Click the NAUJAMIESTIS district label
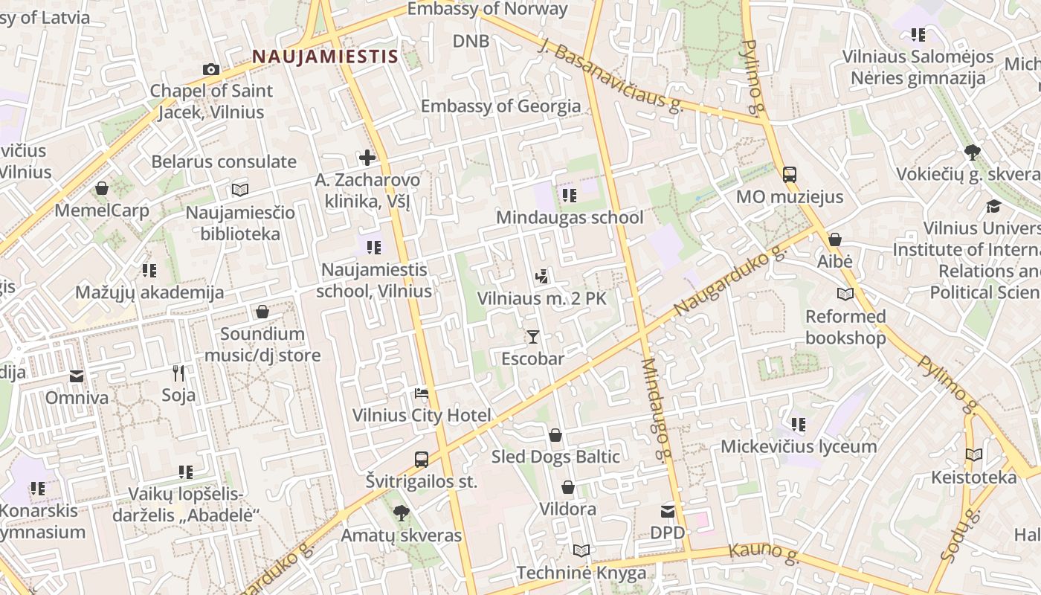click(325, 57)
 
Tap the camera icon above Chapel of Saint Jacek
click(211, 70)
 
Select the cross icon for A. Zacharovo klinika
click(367, 158)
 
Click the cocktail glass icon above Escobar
click(532, 337)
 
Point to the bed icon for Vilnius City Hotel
click(422, 393)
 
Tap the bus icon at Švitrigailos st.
click(422, 459)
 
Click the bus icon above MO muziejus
click(790, 175)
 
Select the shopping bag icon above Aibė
click(835, 239)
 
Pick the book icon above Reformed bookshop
click(845, 294)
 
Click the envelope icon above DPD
click(668, 511)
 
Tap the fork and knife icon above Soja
click(178, 373)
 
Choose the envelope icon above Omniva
click(77, 376)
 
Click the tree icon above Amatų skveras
click(401, 513)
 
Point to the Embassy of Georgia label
click(500, 106)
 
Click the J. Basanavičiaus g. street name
click(609, 78)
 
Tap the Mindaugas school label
click(570, 218)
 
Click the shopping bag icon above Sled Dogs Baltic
click(555, 435)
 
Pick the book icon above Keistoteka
click(973, 454)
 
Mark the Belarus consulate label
click(224, 161)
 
